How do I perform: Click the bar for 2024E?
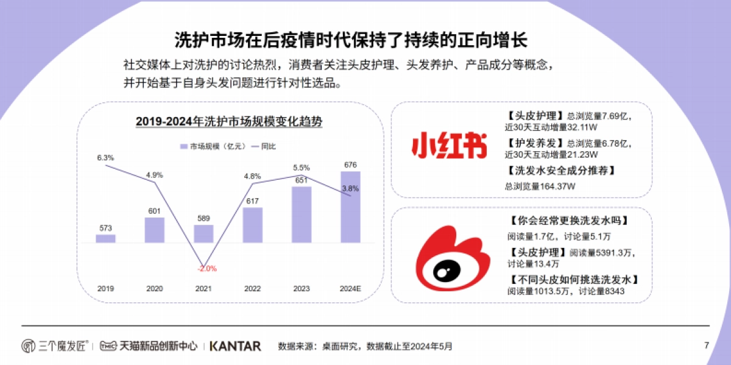point(350,207)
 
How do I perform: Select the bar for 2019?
point(105,238)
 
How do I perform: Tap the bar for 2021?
point(203,233)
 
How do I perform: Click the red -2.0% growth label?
point(207,268)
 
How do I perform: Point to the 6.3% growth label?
point(105,158)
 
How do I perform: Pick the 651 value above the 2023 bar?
point(301,180)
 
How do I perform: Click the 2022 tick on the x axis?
point(252,288)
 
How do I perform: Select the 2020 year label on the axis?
point(154,288)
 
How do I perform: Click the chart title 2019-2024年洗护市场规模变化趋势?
point(228,121)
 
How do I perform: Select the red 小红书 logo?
point(450,146)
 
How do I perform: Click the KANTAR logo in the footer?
point(235,346)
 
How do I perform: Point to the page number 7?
point(707,346)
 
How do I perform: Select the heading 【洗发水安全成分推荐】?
point(560,171)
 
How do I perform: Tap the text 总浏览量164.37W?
point(540,186)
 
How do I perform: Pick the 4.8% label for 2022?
point(252,176)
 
